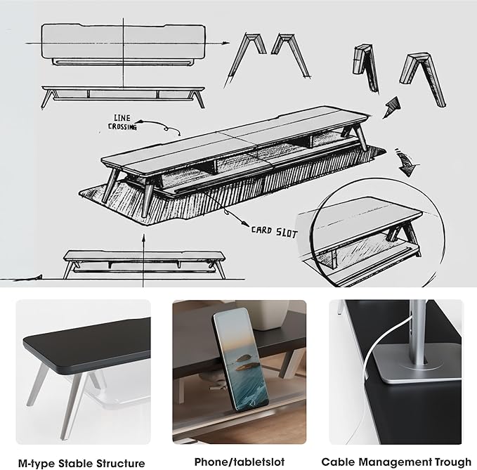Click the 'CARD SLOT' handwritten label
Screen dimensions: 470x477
[x=271, y=229]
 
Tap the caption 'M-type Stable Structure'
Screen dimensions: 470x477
[x=81, y=462]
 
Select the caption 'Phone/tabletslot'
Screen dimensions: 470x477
[x=239, y=462]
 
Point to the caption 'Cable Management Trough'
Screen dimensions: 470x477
[x=396, y=462]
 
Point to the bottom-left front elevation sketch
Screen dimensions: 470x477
[x=143, y=261]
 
